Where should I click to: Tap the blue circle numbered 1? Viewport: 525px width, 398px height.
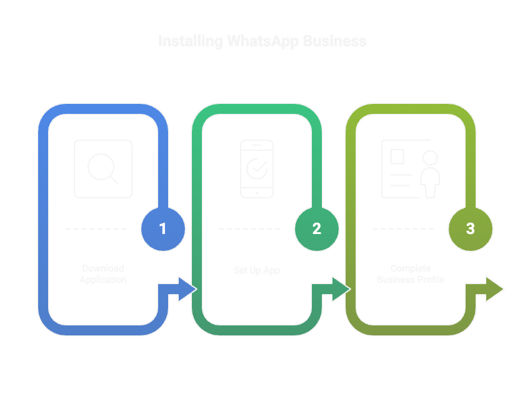pos(163,229)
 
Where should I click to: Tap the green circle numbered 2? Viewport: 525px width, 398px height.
pos(317,229)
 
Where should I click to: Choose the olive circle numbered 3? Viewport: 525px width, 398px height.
pos(471,229)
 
